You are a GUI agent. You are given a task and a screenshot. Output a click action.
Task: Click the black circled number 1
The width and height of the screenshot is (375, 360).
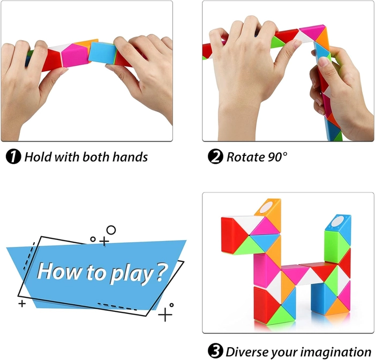pyautogui.click(x=13, y=157)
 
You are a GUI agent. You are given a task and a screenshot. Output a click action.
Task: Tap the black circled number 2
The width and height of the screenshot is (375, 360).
pyautogui.click(x=215, y=156)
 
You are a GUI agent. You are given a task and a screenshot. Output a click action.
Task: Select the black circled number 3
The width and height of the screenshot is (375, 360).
pyautogui.click(x=215, y=351)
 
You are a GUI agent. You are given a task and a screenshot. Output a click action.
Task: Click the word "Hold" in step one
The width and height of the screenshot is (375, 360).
pyautogui.click(x=38, y=157)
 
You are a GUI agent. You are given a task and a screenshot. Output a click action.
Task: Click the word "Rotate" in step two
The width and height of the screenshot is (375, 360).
pyautogui.click(x=245, y=157)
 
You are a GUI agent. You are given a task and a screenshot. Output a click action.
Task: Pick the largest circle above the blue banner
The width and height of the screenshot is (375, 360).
pyautogui.click(x=111, y=230)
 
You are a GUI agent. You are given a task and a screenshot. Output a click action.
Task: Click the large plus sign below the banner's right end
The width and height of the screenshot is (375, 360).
pyautogui.click(x=165, y=314)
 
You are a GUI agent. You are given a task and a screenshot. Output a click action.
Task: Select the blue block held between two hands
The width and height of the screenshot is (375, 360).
pyautogui.click(x=103, y=52)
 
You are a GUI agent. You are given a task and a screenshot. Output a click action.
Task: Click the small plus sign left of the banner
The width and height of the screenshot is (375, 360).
pyautogui.click(x=22, y=304)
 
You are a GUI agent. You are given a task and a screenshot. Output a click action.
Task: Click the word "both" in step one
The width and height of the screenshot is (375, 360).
pyautogui.click(x=96, y=157)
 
